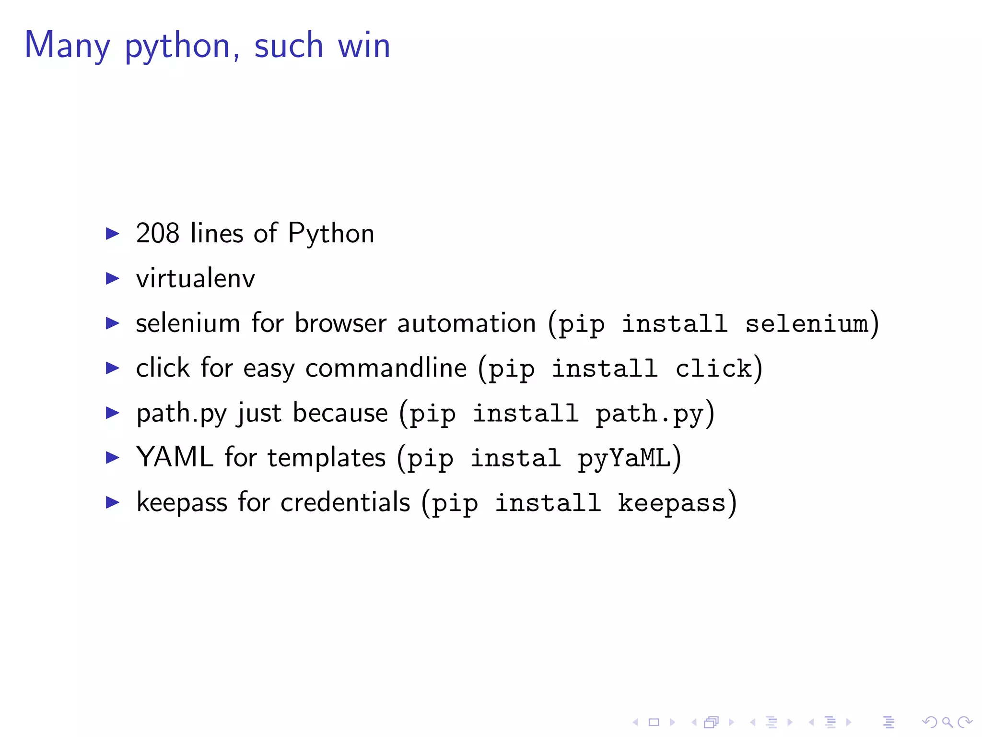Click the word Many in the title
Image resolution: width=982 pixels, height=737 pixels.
pos(67,46)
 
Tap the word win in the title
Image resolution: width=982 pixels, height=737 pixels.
pos(364,46)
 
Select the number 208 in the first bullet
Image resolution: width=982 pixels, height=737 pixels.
pos(158,234)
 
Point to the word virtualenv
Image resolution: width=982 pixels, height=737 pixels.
pos(196,279)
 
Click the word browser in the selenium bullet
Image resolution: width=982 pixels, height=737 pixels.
pos(340,323)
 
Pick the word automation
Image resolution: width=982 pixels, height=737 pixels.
pos(467,323)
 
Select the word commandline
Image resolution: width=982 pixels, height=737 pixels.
pos(386,368)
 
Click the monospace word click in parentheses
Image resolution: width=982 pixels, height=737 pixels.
pos(713,368)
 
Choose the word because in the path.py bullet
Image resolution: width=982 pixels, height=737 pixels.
pos(340,413)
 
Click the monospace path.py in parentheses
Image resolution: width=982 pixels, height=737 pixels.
pos(650,414)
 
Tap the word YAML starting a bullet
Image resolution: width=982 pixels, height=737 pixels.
pos(175,457)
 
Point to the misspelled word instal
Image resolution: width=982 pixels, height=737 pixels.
pos(515,458)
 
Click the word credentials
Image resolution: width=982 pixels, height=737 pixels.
pos(345,502)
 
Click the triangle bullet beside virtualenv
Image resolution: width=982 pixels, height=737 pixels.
pos(113,278)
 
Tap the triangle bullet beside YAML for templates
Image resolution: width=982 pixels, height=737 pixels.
pos(113,457)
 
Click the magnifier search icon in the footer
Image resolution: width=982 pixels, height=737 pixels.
pos(947,722)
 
